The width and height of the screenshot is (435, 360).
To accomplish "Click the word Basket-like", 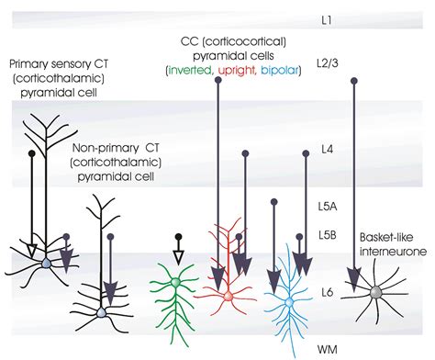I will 385,234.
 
